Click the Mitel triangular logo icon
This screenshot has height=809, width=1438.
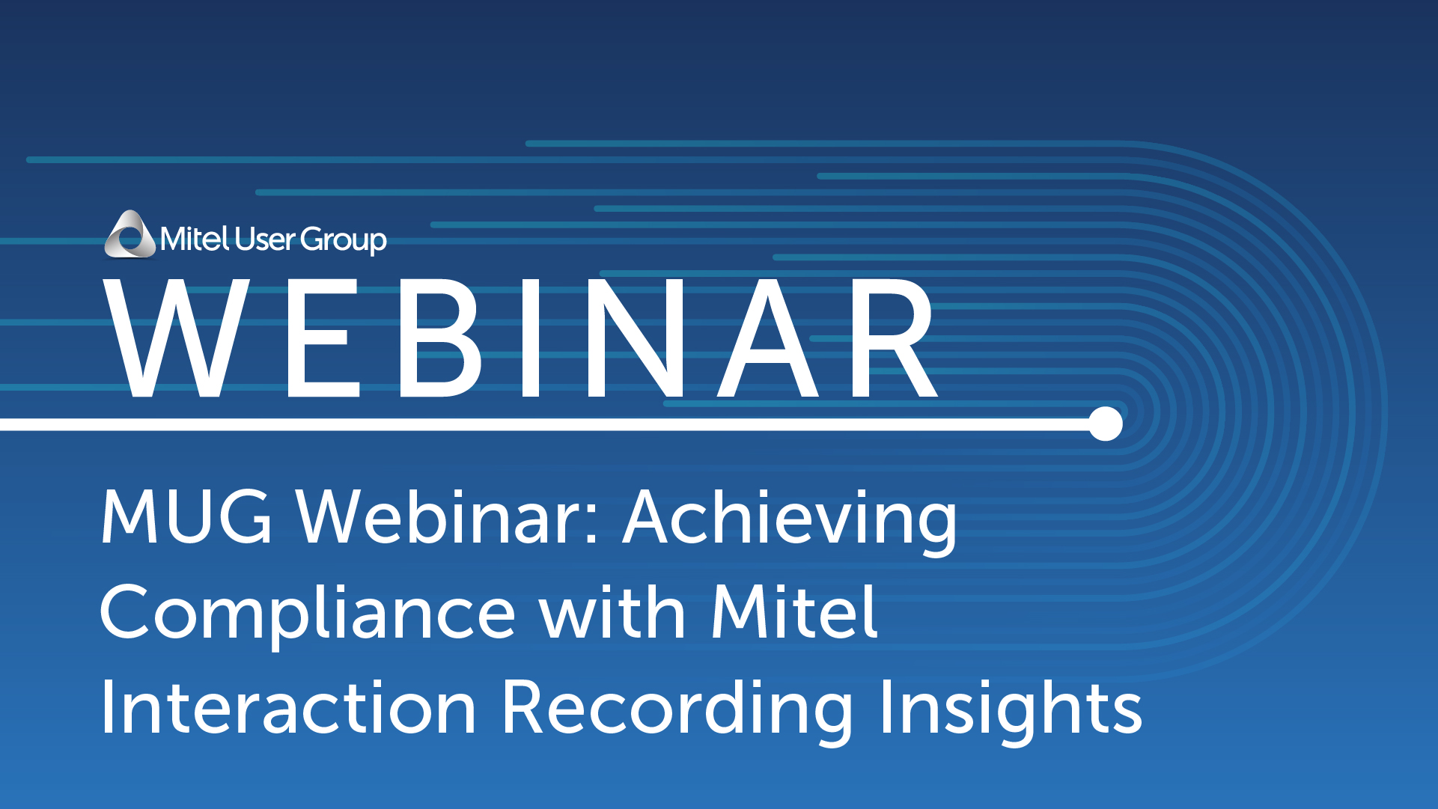[130, 234]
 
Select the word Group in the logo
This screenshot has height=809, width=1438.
[344, 241]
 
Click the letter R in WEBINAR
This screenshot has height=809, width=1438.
[893, 338]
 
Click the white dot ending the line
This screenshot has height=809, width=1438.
[1106, 424]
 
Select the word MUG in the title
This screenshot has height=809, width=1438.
[186, 516]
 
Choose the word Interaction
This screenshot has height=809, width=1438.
[288, 706]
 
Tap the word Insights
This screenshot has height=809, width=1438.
[1011, 711]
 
